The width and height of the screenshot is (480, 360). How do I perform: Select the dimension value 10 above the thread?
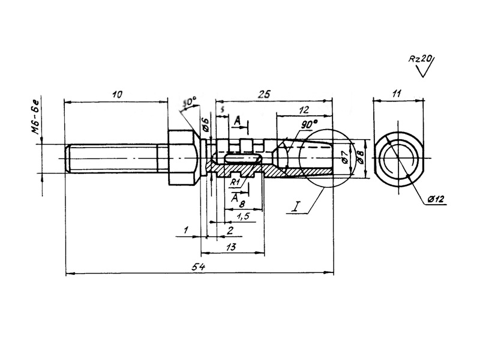(117, 94)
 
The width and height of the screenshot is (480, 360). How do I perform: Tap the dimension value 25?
(263, 94)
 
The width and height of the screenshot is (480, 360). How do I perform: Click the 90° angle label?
(308, 125)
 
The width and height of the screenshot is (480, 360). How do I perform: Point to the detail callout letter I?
(296, 208)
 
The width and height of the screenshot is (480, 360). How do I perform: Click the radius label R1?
(235, 181)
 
